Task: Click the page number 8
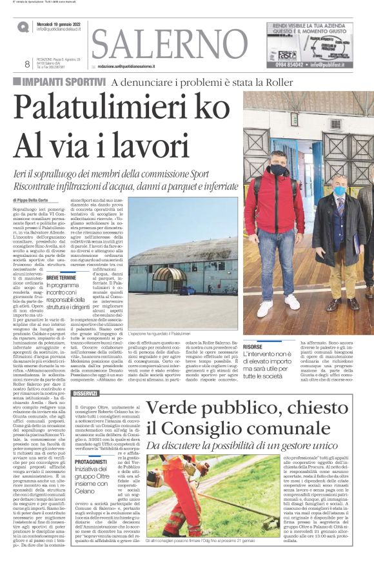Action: tap(27, 63)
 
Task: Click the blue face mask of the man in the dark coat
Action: tap(339, 191)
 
